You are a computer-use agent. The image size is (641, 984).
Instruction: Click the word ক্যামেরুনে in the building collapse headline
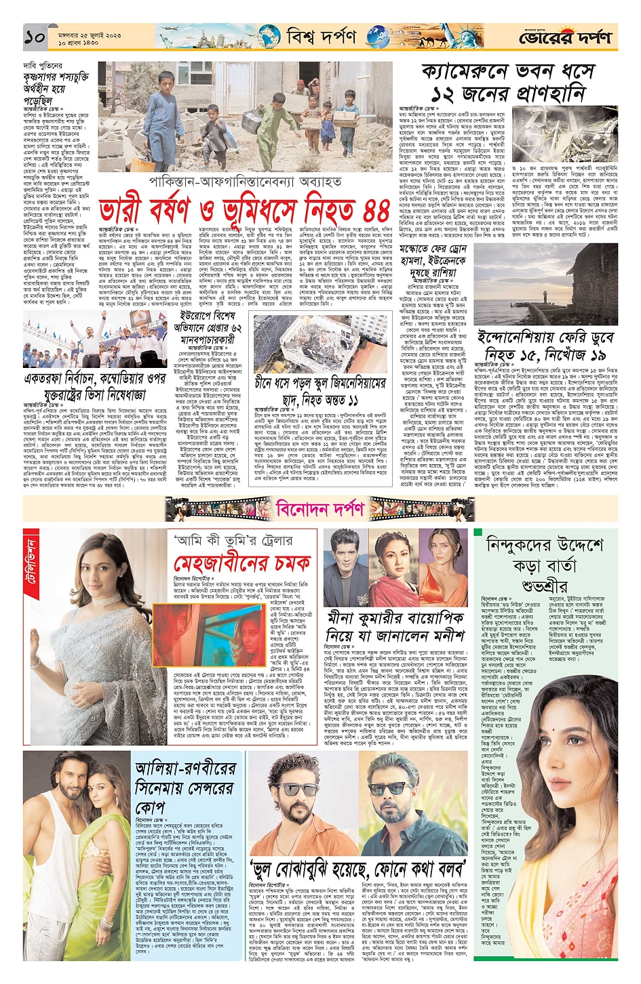467,72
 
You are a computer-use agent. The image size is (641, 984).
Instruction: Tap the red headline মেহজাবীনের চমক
244,563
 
